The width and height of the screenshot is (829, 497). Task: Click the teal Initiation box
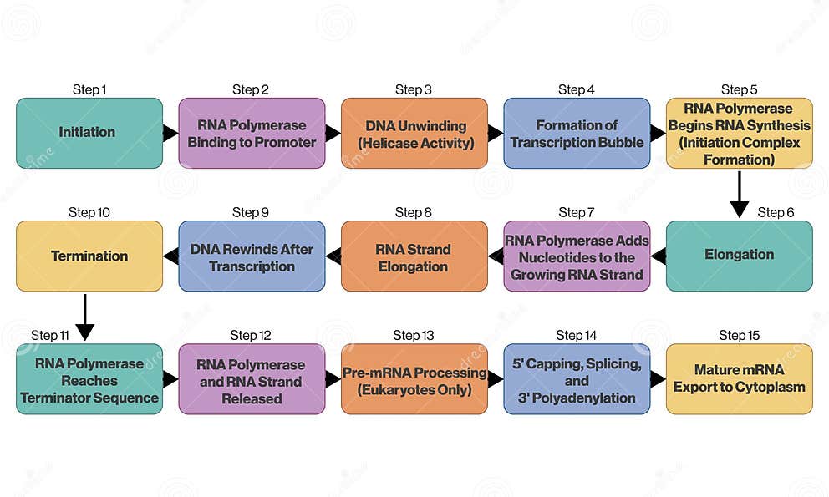(89, 133)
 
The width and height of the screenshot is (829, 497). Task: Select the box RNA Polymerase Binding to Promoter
(252, 133)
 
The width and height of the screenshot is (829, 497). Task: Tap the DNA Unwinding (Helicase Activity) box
(414, 133)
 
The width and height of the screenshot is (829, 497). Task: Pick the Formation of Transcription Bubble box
(577, 133)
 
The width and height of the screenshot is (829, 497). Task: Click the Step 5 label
(739, 89)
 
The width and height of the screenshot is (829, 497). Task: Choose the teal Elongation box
(739, 256)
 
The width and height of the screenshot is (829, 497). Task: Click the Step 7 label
(577, 212)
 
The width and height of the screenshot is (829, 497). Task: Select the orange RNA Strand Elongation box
(414, 256)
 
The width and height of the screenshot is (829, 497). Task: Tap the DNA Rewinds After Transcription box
(252, 256)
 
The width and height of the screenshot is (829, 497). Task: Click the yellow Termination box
(89, 256)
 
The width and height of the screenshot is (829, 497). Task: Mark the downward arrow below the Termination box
(84, 317)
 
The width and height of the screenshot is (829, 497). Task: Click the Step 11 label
(50, 335)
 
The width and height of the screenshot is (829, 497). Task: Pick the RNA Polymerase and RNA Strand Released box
(252, 379)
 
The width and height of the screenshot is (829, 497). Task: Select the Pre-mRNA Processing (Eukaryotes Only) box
(414, 379)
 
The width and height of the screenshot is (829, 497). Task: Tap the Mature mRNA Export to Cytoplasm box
(739, 379)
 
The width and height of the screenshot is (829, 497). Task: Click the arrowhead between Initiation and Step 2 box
(170, 133)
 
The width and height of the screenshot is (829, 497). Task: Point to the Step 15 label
(739, 335)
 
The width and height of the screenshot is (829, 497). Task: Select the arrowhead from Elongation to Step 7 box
(659, 256)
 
